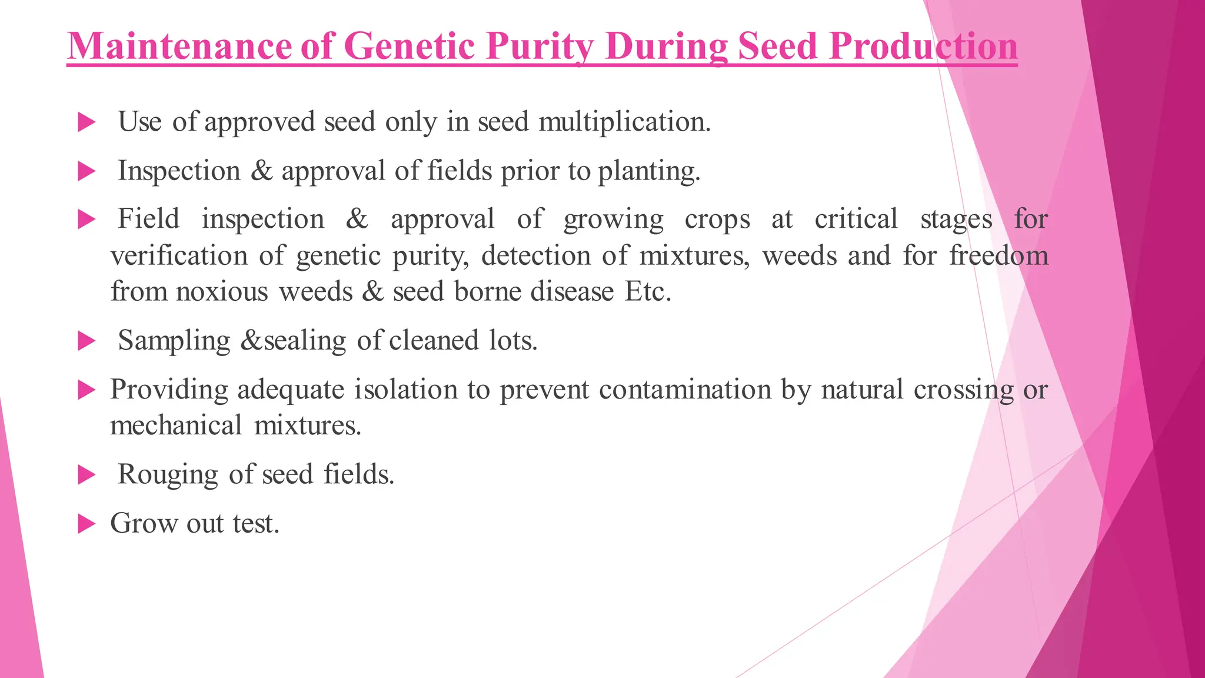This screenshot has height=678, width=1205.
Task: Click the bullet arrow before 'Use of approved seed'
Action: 86,122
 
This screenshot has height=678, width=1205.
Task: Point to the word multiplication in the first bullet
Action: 624,122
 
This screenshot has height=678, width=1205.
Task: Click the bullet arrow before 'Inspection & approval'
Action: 86,171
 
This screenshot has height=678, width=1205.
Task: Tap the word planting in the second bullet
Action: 649,171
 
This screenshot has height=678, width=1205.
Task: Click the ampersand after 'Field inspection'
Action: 357,219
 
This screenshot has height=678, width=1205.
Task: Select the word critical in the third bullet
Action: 856,219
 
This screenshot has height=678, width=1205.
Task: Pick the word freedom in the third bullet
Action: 998,256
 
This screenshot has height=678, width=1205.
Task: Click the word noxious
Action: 222,292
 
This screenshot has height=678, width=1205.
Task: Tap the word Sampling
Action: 174,341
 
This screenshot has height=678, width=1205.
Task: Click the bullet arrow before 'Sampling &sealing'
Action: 86,341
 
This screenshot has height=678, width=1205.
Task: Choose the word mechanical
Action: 176,426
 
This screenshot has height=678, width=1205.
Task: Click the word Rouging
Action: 168,474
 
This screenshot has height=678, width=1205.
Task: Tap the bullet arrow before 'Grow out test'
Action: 86,523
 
